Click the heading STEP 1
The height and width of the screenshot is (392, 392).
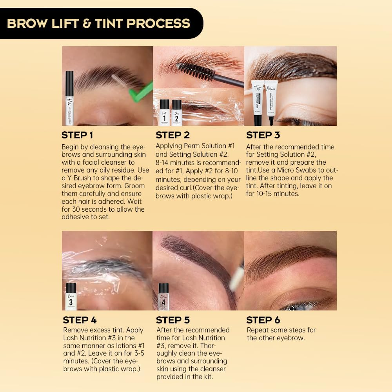point(77,135)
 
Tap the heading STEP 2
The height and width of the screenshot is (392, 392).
point(172,135)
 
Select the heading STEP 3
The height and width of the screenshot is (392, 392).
point(263,135)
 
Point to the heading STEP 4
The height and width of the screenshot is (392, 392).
point(80,320)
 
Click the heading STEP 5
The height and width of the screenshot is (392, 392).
point(173,320)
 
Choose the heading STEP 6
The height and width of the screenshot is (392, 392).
point(263,320)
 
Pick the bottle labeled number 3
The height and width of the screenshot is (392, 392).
point(71,297)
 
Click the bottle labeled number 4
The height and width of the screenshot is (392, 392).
point(163,297)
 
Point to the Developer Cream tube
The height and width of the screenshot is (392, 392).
point(270,100)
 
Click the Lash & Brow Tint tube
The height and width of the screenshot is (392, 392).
point(258,102)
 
